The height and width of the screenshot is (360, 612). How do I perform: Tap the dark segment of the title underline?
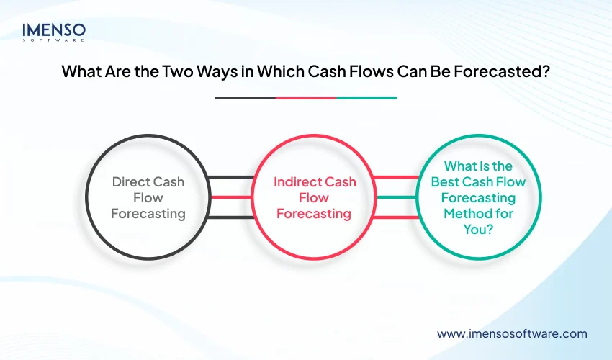click(x=245, y=98)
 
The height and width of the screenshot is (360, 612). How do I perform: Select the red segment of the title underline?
click(x=306, y=98)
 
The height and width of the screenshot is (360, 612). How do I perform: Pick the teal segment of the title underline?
click(x=366, y=98)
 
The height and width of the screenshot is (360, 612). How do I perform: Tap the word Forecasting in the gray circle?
click(x=148, y=213)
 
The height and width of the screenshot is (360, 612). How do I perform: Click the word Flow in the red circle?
click(x=315, y=197)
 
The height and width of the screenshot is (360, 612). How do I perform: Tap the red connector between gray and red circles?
click(x=230, y=197)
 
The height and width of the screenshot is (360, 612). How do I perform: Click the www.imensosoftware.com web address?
click(x=512, y=333)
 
